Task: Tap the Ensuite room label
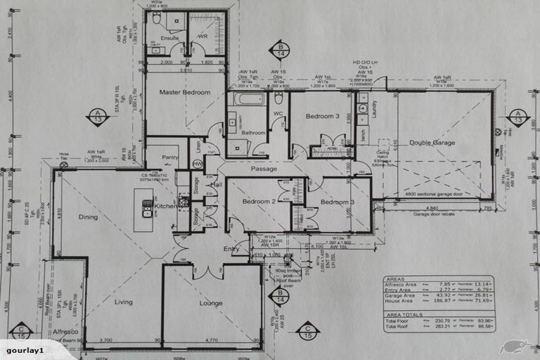[169, 37]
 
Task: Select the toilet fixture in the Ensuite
[156, 19]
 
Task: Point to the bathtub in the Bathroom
[249, 98]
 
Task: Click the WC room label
[278, 113]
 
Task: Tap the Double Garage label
[432, 143]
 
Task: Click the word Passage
[264, 169]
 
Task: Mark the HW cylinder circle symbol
[198, 165]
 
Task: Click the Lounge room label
[211, 304]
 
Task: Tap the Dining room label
[88, 217]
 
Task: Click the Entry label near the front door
[231, 249]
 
